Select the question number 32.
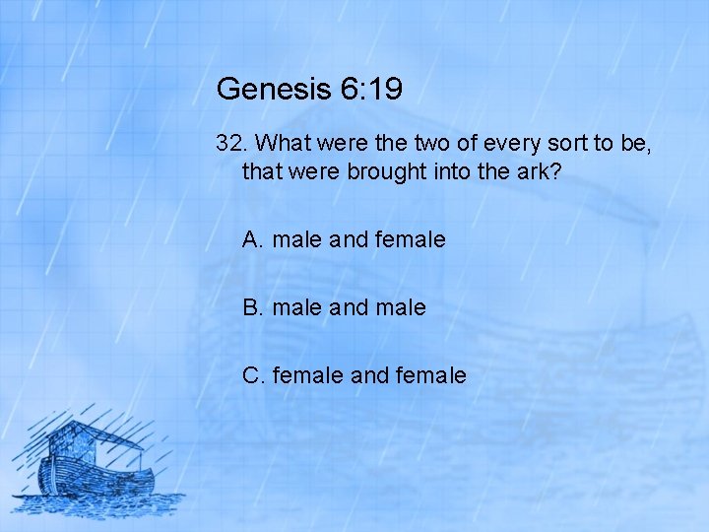coord(230,144)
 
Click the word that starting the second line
coord(260,171)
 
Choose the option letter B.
coord(253,307)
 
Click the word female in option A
coord(411,239)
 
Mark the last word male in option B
coord(403,307)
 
